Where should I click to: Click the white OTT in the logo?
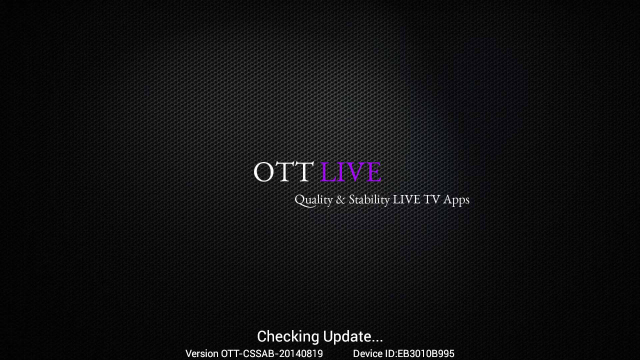283,171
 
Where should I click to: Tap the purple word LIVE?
351,171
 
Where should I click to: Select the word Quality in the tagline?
313,199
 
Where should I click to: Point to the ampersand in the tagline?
340,199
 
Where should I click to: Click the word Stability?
369,199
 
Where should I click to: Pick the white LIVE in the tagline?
406,199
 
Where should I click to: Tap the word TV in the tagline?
431,199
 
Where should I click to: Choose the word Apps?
456,200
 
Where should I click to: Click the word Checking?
288,337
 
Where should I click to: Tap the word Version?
202,353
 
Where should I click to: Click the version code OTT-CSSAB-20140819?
272,353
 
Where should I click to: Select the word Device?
368,353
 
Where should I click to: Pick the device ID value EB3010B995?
425,353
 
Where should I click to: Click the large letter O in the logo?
263,171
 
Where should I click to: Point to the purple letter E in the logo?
373,171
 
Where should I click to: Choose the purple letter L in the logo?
327,171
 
